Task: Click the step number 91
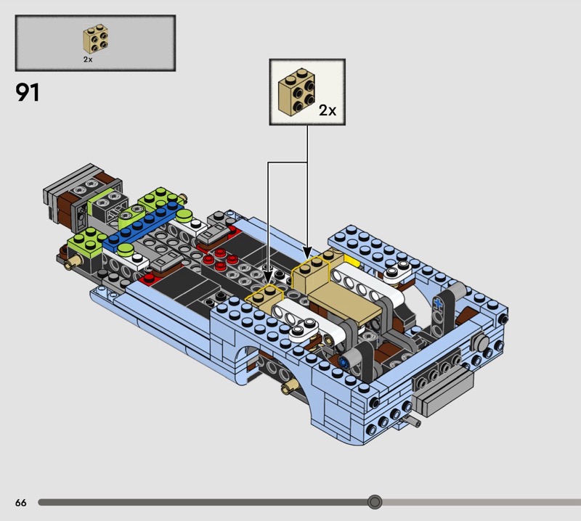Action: click(27, 93)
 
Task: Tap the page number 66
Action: click(21, 502)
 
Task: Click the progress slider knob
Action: click(375, 502)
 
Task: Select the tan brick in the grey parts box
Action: click(96, 39)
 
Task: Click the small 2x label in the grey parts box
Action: click(88, 60)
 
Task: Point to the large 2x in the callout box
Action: click(328, 110)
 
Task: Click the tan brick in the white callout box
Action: click(296, 92)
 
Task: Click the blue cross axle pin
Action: click(439, 303)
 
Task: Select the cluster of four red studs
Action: click(220, 259)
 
